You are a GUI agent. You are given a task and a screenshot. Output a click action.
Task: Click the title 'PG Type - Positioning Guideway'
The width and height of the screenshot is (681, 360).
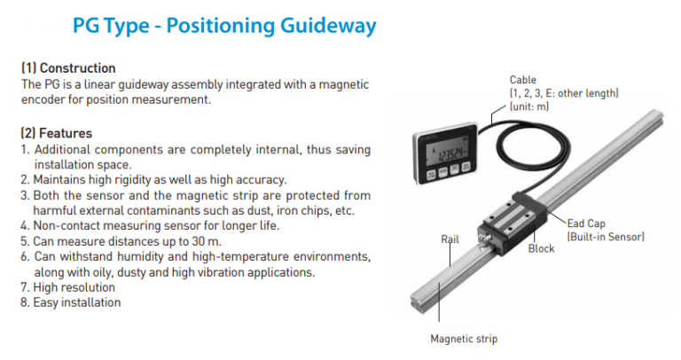pos(223,27)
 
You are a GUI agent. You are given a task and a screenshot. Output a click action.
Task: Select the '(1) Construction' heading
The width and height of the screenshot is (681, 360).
pos(68,68)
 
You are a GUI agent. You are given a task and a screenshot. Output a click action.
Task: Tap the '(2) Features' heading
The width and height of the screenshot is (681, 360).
pos(57,133)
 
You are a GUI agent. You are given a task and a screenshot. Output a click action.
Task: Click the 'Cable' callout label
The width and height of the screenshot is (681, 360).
pos(523,80)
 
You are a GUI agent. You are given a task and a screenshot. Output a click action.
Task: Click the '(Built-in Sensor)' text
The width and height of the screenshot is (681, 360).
pos(606,238)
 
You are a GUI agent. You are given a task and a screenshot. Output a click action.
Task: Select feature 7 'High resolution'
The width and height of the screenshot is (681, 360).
pos(74,287)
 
